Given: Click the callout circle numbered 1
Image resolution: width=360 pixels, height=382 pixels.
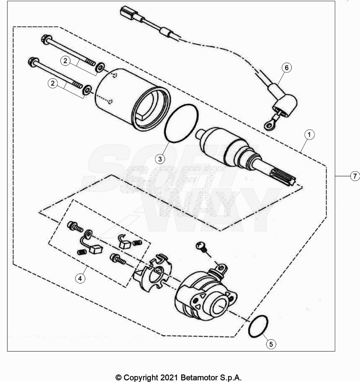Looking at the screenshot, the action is (x=309, y=135).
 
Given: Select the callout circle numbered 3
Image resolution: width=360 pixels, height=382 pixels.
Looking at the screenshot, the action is (x=160, y=159).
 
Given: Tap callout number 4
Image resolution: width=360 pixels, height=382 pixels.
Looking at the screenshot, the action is (x=80, y=278).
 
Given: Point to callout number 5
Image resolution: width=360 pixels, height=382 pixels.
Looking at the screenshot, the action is (x=271, y=344).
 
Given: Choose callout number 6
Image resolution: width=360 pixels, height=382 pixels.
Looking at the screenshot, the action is (x=287, y=68).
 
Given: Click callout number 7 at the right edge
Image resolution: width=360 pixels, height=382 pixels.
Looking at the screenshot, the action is (x=355, y=176).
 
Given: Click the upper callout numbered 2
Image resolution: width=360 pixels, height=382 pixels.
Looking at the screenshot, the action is (x=65, y=61).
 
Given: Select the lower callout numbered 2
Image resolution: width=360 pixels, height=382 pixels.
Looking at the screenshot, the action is (x=53, y=84).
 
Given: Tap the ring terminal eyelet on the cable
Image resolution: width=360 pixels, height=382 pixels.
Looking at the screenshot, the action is (x=269, y=126).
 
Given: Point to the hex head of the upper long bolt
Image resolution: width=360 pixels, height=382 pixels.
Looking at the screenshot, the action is (x=46, y=38).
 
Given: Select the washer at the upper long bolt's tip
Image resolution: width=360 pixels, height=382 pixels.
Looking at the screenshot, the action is (x=100, y=68).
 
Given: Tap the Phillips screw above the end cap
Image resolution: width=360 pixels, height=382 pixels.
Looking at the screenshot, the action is (x=202, y=247).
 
